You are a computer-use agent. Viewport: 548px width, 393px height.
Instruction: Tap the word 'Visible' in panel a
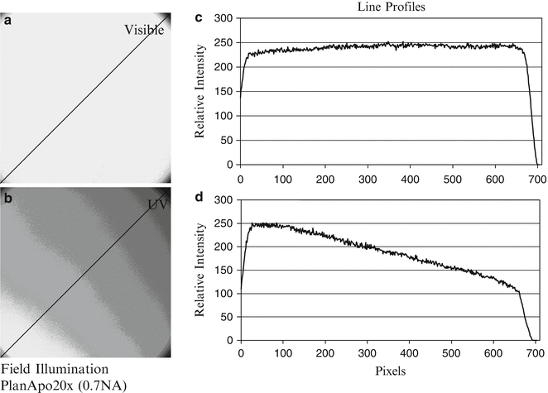(145, 31)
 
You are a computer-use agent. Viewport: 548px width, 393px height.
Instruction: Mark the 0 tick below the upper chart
(240, 176)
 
